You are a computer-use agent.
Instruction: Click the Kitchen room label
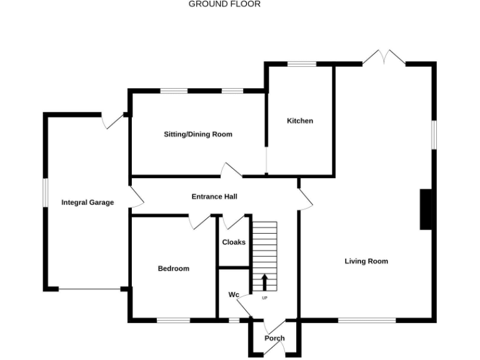(x=300, y=121)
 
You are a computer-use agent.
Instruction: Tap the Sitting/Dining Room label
(x=198, y=134)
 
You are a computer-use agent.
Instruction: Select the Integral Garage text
(x=87, y=202)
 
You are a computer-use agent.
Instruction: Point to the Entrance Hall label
(x=214, y=197)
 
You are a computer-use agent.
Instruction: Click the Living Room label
(x=366, y=261)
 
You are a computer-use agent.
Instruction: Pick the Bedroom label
(x=173, y=269)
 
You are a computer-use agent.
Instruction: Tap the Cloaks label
(x=234, y=242)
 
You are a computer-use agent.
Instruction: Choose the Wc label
(x=234, y=294)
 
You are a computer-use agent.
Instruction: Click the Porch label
(x=274, y=338)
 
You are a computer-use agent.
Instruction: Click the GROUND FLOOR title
(x=224, y=4)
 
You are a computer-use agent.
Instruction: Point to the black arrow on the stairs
(x=264, y=282)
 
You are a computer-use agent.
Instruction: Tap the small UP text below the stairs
(x=264, y=297)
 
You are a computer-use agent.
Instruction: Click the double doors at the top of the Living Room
(x=383, y=58)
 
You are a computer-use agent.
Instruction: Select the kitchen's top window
(x=301, y=64)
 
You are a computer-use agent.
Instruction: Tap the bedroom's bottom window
(x=173, y=321)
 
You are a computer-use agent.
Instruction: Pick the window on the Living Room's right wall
(x=434, y=134)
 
